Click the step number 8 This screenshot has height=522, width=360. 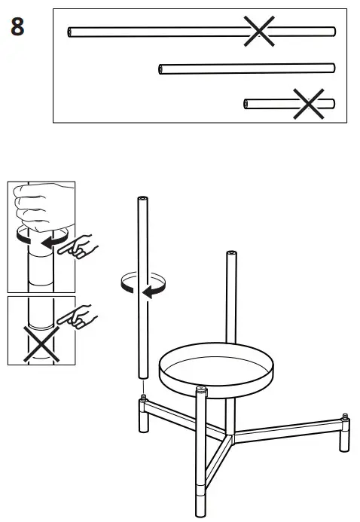point(17,27)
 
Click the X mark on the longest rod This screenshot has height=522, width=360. point(258,31)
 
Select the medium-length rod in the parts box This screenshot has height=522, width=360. point(246,69)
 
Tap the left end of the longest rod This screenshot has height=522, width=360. point(70,32)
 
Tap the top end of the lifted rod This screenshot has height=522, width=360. point(142,200)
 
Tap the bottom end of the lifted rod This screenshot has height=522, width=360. point(142,376)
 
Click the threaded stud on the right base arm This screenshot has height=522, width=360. point(345,416)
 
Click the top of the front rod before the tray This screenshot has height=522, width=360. point(201,390)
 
